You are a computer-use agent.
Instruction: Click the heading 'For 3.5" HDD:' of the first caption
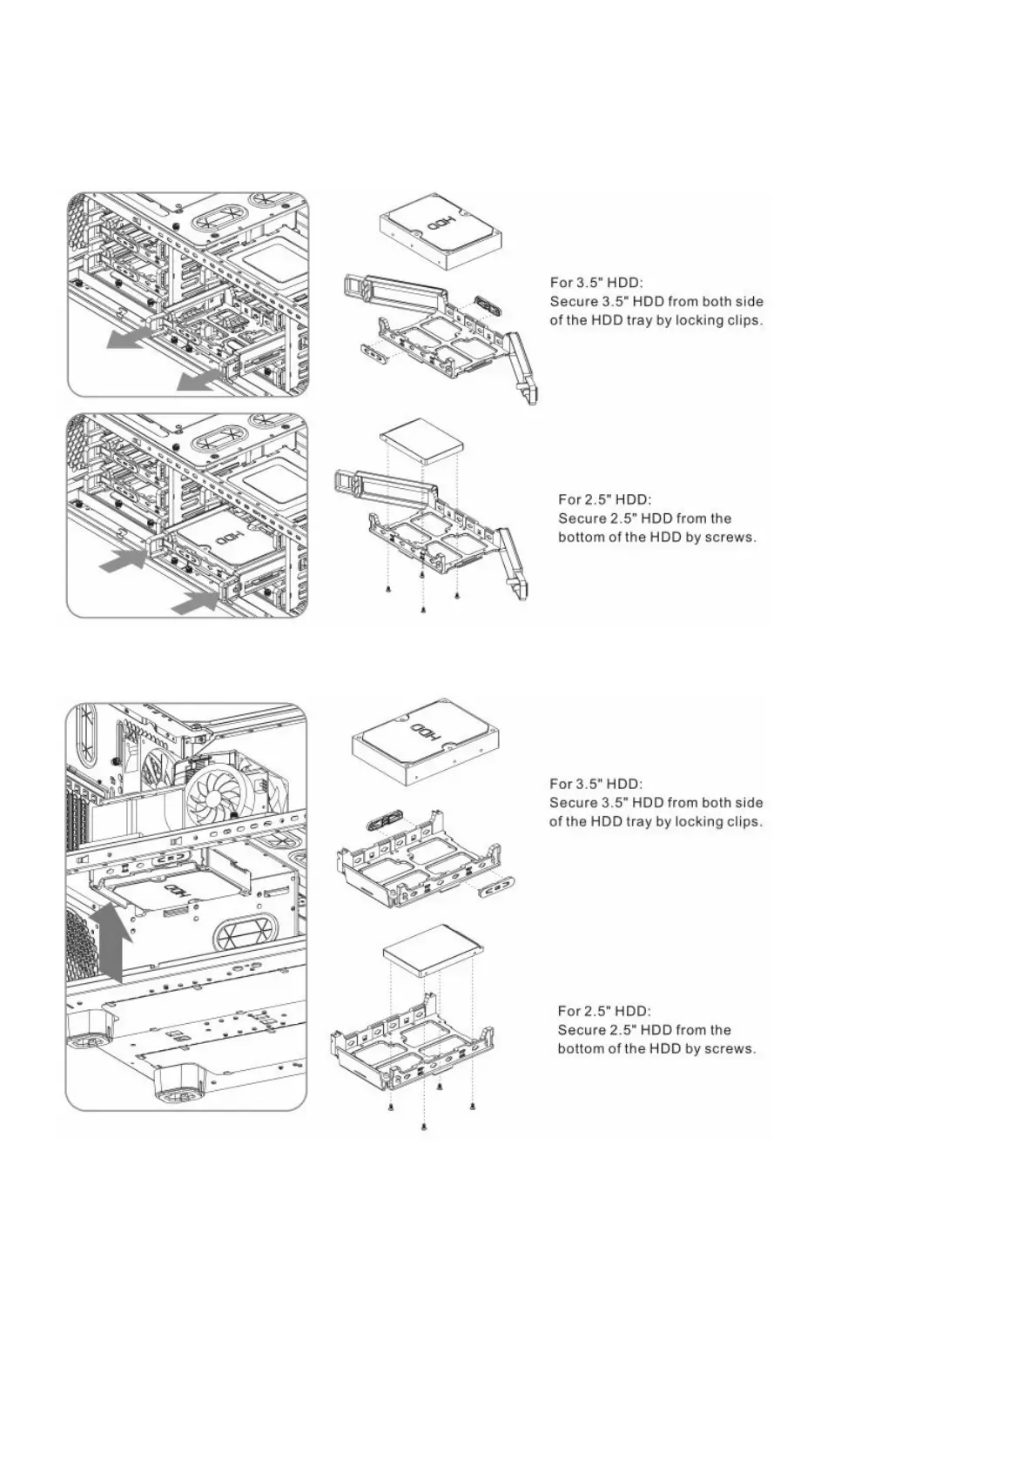point(596,282)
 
